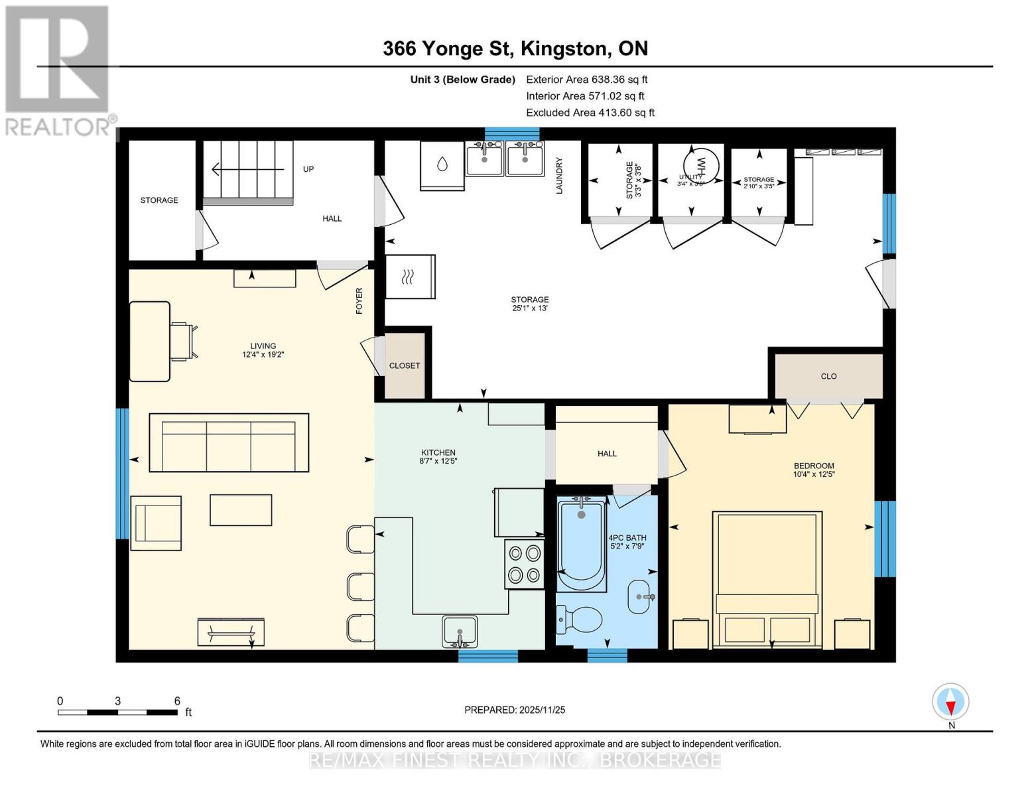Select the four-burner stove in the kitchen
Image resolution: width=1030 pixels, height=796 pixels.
(524, 564)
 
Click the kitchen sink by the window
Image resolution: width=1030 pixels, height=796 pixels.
(460, 630)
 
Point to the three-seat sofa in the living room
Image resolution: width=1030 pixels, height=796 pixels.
(229, 443)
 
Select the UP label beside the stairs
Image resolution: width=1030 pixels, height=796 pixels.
(308, 169)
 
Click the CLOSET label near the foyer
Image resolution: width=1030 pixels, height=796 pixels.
(405, 365)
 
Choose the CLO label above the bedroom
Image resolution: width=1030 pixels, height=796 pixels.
(828, 376)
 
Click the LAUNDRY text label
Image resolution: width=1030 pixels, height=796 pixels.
(559, 175)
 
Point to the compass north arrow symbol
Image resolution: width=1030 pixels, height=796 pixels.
(950, 702)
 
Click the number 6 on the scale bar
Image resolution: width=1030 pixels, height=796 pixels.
(177, 700)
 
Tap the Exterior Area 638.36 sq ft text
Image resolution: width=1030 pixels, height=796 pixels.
(586, 79)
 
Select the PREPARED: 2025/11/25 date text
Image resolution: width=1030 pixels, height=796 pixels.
(515, 710)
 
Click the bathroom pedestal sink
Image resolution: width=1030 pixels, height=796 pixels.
(639, 596)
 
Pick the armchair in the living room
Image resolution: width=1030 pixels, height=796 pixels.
(157, 523)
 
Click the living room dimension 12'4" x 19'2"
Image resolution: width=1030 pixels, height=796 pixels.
(263, 355)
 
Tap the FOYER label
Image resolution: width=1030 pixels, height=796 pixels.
(359, 300)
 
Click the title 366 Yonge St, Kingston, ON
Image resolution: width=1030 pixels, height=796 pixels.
(515, 48)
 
